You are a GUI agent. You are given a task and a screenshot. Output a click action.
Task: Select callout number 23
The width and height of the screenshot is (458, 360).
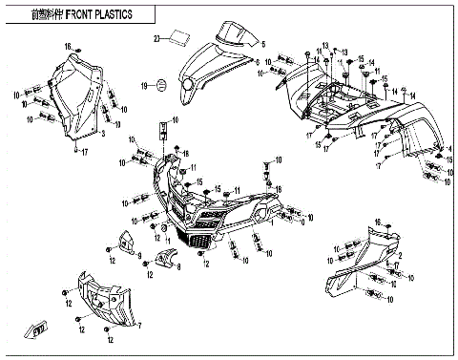tap(157, 39)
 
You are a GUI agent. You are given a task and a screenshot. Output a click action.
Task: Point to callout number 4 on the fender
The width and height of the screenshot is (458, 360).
tap(410, 92)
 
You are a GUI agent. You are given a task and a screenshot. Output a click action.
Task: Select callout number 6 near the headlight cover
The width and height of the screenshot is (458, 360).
tap(257, 59)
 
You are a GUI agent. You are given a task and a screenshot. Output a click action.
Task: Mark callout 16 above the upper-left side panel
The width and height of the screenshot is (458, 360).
tap(68, 46)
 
